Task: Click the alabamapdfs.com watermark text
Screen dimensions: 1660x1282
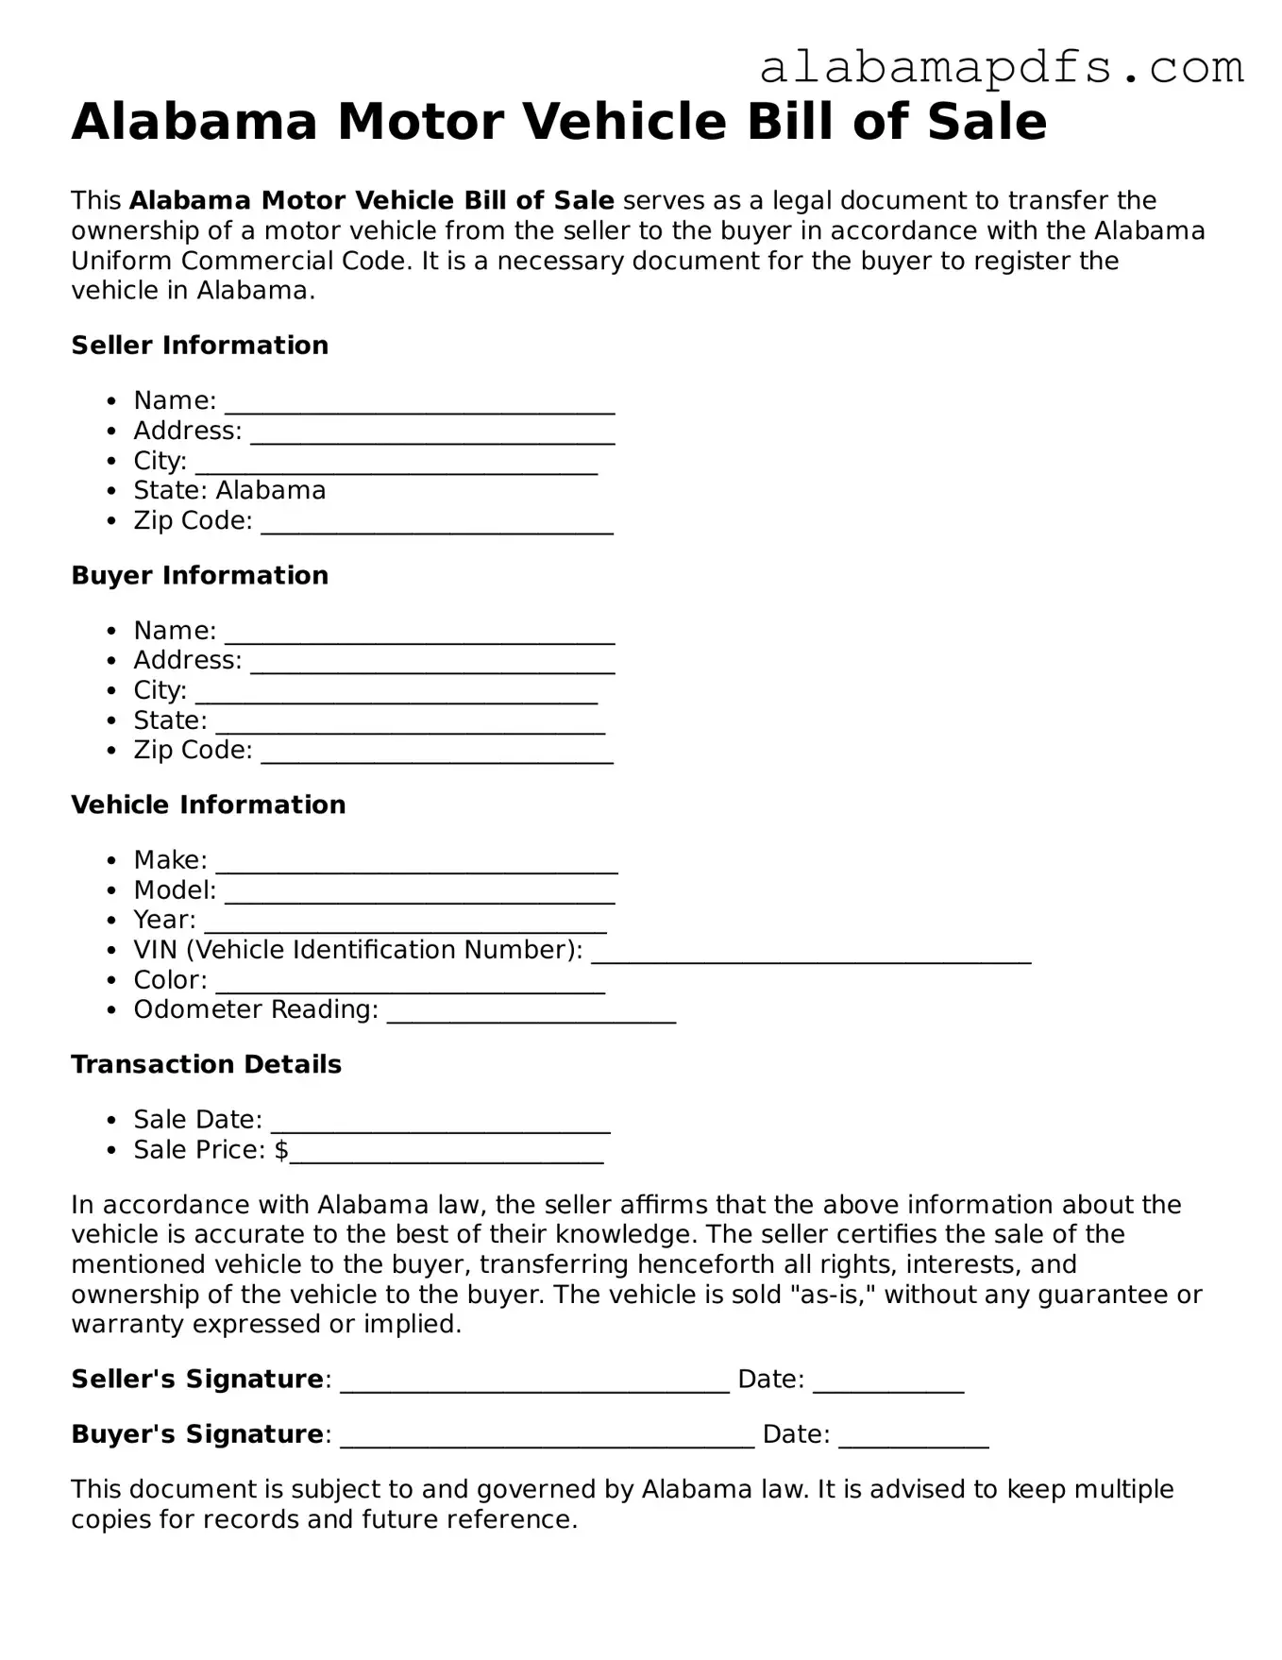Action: [1001, 68]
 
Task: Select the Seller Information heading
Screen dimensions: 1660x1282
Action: [199, 346]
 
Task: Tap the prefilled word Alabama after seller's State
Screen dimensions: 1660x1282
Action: [271, 490]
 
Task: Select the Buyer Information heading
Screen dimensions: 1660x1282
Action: [199, 575]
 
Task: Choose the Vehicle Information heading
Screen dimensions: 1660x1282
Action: [208, 805]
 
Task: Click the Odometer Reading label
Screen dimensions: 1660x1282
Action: [255, 1009]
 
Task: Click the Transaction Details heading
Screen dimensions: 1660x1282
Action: [206, 1064]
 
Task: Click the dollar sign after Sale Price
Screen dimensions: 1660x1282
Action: [281, 1150]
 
